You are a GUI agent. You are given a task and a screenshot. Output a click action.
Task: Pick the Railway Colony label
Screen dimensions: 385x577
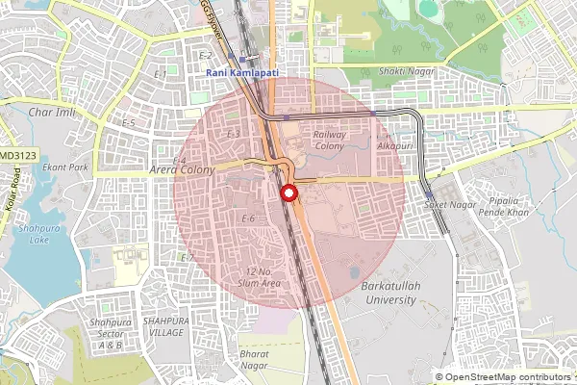coord(329,141)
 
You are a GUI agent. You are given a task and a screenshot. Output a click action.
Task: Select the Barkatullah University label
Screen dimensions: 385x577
coord(389,293)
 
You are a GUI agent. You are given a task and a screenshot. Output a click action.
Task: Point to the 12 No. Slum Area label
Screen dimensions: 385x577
coord(263,278)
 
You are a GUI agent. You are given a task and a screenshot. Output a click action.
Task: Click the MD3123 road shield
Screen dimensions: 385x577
coord(17,155)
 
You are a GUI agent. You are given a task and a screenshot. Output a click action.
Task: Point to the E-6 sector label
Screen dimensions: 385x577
coord(248,218)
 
